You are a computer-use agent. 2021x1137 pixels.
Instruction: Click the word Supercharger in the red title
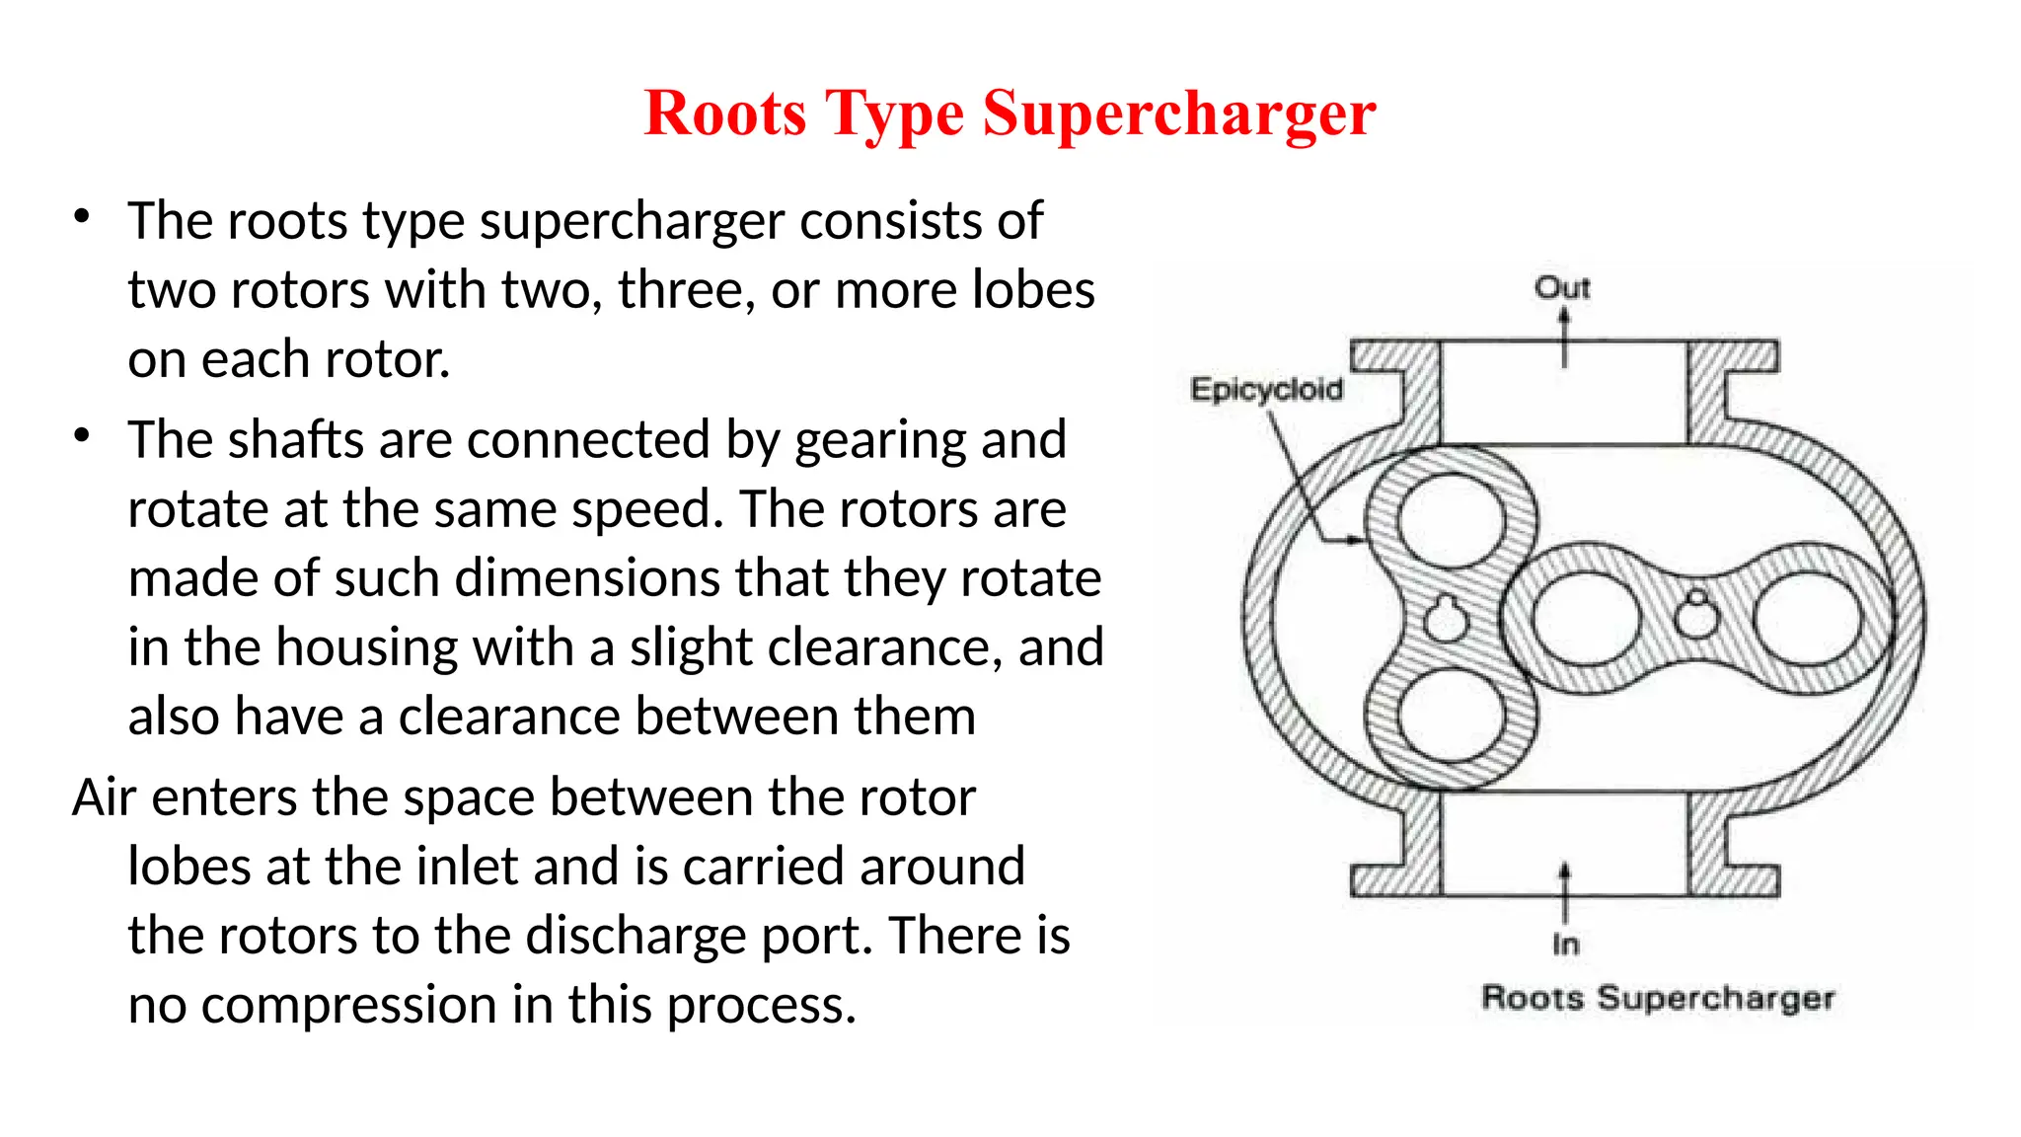(x=1178, y=114)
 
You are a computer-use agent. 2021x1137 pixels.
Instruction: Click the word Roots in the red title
(x=725, y=114)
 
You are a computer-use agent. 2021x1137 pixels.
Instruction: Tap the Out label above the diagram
(x=1562, y=288)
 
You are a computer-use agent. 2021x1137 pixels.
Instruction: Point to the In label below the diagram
(x=1565, y=945)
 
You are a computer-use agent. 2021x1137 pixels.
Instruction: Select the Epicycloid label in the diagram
(x=1266, y=389)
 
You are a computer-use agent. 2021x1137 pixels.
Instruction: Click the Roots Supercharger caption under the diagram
(x=1658, y=998)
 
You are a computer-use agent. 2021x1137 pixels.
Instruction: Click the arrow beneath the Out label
(x=1564, y=337)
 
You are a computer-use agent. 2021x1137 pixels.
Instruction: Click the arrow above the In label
(x=1564, y=892)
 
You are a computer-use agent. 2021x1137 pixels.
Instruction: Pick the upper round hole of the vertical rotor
(x=1451, y=520)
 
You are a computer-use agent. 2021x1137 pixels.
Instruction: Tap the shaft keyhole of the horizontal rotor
(x=1697, y=617)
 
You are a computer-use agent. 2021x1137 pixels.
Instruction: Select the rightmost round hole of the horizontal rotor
(x=1808, y=621)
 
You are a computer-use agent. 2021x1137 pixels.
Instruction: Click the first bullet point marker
(x=82, y=216)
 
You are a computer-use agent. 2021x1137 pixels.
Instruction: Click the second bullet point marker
(x=82, y=435)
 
